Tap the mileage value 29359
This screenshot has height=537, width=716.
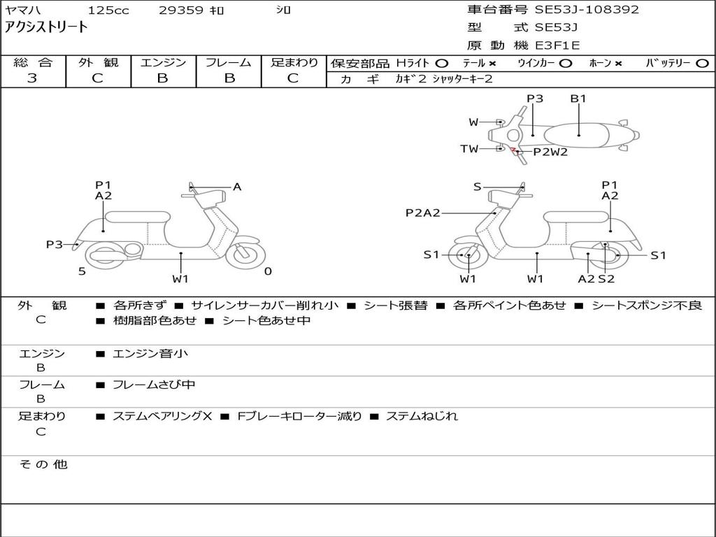pos(182,10)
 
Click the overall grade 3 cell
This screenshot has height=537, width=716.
pos(32,78)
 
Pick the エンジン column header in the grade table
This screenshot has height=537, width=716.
pos(163,62)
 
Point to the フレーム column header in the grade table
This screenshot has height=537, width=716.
pos(229,62)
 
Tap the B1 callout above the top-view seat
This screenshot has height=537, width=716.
pos(578,99)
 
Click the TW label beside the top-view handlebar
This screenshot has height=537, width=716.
pos(469,149)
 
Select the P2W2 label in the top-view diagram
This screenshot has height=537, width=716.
pos(550,152)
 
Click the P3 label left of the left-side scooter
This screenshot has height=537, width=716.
pos(55,244)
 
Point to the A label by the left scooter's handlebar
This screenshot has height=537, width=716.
pos(237,187)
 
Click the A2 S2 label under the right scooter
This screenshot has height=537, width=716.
pos(596,279)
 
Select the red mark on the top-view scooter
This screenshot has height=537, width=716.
pos(513,150)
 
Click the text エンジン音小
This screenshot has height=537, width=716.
pos(150,354)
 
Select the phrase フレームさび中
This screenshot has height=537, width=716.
pos(154,385)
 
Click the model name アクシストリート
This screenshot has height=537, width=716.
pos(47,27)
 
